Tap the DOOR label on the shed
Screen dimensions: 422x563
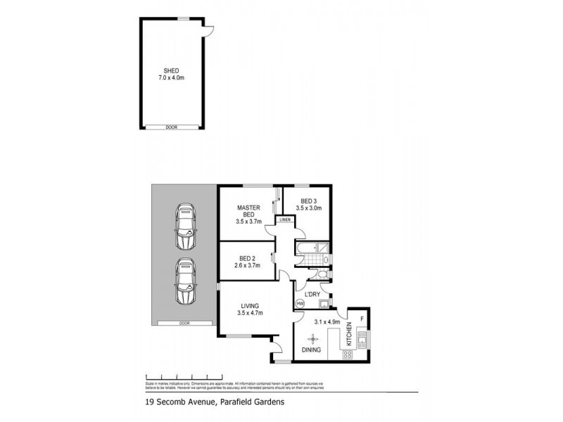pos(172,127)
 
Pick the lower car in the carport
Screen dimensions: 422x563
pos(185,281)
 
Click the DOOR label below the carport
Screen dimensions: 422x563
pos(184,324)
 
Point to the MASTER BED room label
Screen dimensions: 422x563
pos(248,211)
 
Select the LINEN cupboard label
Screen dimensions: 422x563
pos(285,221)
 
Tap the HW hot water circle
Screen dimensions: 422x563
pos(301,303)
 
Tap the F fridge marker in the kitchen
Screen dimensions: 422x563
pos(362,317)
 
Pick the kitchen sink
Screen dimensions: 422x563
pos(362,342)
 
